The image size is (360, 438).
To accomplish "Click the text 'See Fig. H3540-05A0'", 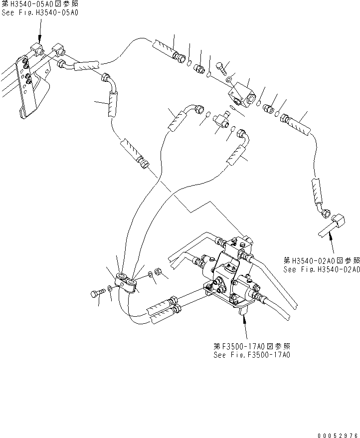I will tap(40, 12).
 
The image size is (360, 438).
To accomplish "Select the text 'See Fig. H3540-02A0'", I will tap(321, 269).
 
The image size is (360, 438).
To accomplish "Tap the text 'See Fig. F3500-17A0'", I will tap(251, 355).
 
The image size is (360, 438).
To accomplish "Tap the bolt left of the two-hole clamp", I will tap(97, 295).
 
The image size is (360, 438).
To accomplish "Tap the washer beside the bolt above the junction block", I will tap(228, 79).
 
